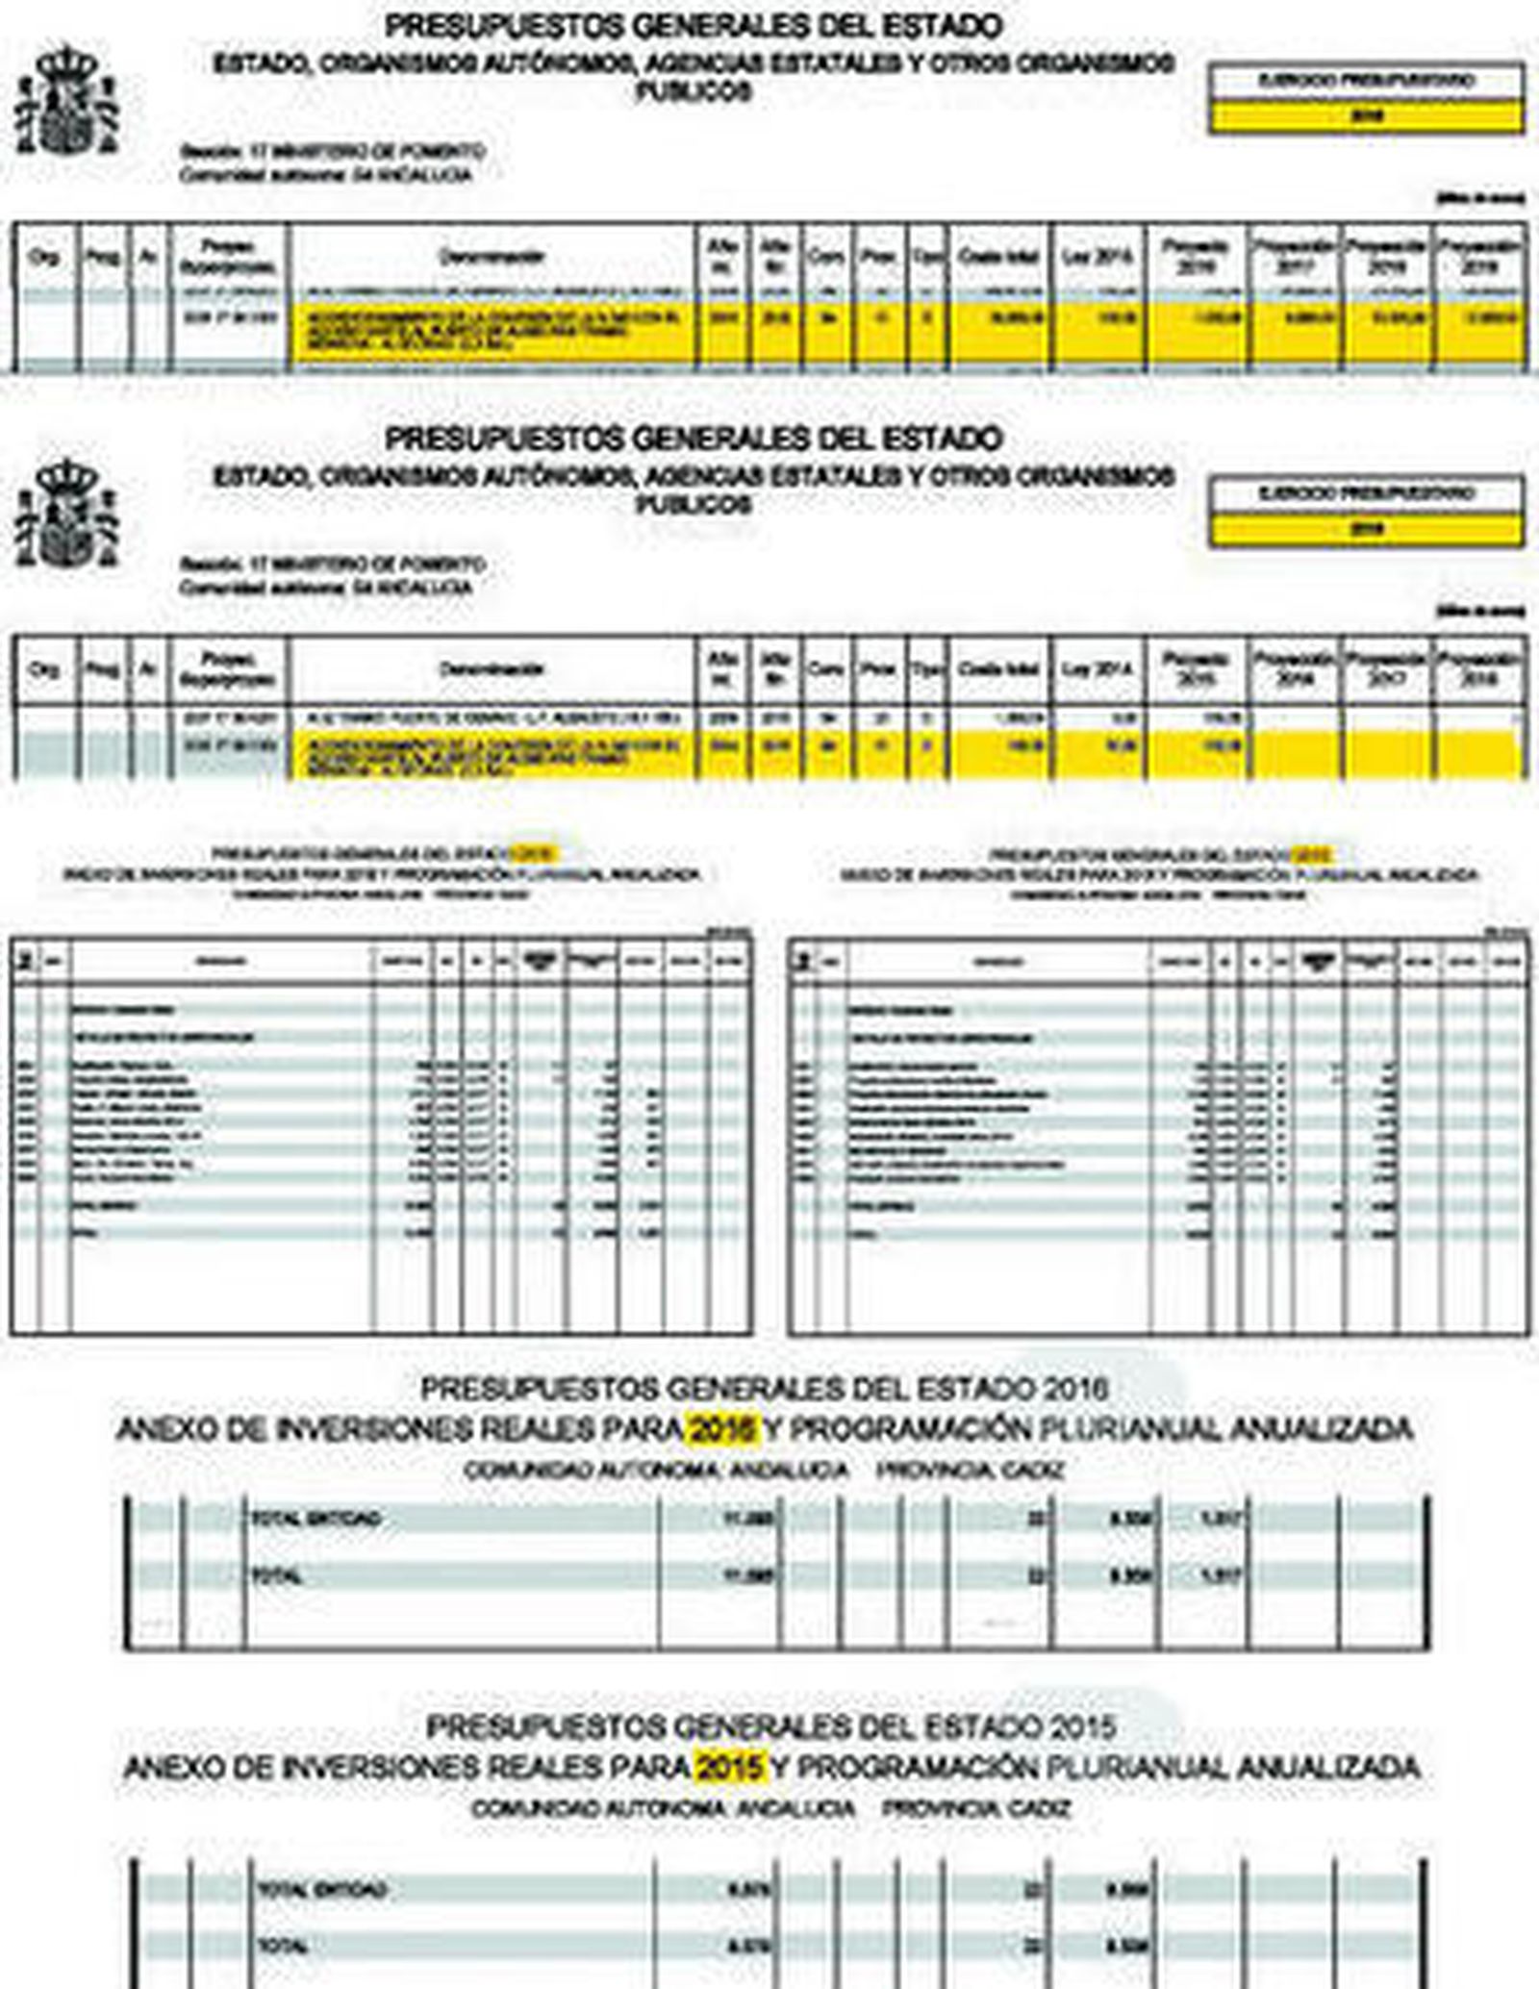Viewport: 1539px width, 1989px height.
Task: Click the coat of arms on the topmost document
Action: [67, 100]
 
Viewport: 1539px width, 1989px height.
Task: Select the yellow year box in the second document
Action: [1366, 529]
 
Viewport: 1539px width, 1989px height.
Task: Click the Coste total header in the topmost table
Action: [999, 257]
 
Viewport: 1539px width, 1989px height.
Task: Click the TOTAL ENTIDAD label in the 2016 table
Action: [316, 1520]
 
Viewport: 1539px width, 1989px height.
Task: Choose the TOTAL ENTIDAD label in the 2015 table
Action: [322, 1889]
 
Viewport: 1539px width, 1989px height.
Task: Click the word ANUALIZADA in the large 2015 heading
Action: [1328, 1766]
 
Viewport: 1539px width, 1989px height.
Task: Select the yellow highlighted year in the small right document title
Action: [1312, 853]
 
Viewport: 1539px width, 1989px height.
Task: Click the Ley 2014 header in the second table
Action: [1097, 669]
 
